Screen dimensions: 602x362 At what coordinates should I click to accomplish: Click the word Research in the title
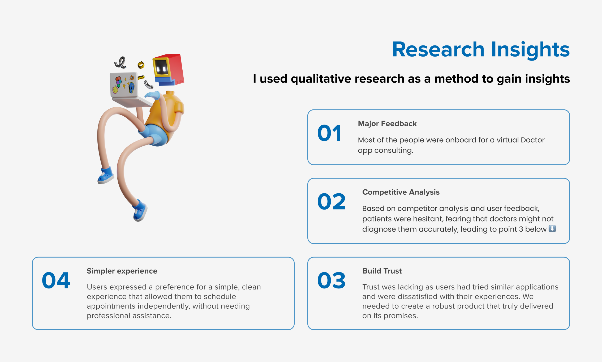[x=438, y=49]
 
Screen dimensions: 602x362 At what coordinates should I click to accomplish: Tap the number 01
[x=329, y=133]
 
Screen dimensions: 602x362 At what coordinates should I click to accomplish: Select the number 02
[x=332, y=201]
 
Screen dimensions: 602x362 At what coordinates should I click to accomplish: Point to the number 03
[x=332, y=280]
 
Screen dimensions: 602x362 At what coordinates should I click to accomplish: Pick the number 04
[x=56, y=280]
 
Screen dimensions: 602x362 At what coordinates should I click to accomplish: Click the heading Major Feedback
[x=387, y=124]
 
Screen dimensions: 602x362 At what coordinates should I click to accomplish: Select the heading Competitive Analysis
[x=401, y=192]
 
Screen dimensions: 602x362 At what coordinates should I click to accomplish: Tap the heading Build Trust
[x=382, y=271]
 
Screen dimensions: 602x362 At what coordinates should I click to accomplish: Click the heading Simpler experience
[x=122, y=271]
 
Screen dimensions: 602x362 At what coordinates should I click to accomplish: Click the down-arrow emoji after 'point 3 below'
[x=552, y=229]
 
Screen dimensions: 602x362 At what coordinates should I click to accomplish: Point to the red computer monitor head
[x=168, y=70]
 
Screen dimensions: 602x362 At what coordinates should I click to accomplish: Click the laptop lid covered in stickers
[x=124, y=84]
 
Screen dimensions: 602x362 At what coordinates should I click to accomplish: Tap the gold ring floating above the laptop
[x=141, y=65]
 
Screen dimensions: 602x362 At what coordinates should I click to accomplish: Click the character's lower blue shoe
[x=140, y=211]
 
